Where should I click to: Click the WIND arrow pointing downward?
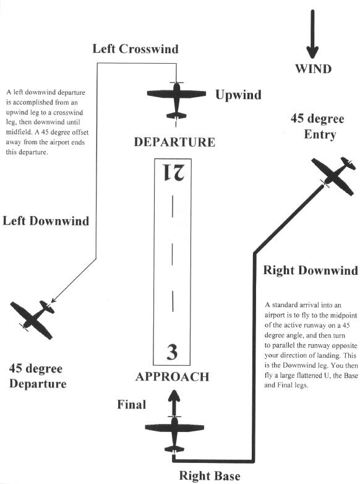point(312,34)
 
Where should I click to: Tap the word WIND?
point(314,69)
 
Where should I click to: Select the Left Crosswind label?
point(135,49)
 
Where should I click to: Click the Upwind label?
point(238,95)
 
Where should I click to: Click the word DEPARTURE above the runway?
point(174,142)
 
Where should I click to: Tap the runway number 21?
point(173,172)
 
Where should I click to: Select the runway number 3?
point(172,352)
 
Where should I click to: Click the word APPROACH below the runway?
point(173,377)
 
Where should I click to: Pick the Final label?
point(131,405)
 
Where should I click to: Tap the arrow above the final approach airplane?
point(174,403)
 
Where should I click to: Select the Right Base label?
point(210,476)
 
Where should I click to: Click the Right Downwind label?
point(311,270)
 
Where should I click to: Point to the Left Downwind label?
point(46,221)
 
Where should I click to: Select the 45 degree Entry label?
point(317,126)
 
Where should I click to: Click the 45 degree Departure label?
point(38,376)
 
